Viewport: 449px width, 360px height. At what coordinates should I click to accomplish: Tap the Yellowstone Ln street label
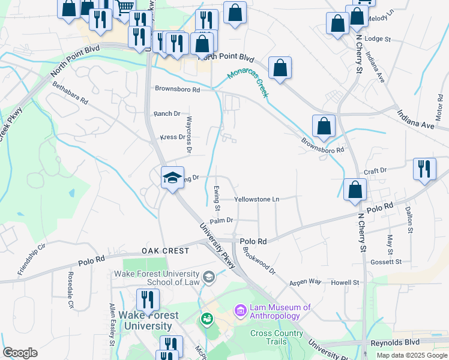click(257, 199)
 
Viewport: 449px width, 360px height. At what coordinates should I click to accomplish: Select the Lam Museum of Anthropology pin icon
click(240, 311)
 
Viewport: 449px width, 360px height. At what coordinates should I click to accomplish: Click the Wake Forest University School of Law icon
click(209, 276)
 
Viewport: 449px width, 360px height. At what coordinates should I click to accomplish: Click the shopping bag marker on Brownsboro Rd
click(324, 126)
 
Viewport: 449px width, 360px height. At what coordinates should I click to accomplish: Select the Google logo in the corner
click(20, 353)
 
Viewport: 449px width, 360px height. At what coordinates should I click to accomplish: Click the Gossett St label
click(386, 262)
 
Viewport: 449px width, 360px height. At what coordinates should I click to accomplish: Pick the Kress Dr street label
click(172, 137)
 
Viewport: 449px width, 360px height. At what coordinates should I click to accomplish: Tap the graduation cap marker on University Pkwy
click(172, 178)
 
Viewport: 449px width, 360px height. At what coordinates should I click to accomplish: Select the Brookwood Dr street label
click(259, 259)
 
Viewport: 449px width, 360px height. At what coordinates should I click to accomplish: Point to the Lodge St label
click(378, 39)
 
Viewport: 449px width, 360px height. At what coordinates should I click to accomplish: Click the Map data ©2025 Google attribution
click(412, 355)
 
